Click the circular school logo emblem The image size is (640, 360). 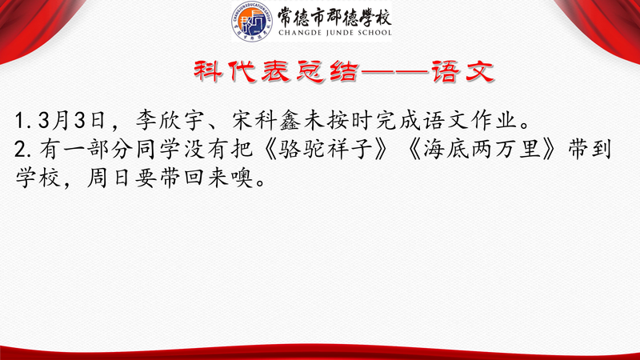pos(252,22)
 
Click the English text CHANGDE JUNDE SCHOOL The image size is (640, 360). pos(335,33)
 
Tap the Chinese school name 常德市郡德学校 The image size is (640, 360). pos(334,17)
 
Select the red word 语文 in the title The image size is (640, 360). pos(463,71)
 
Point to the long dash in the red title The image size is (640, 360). pos(394,72)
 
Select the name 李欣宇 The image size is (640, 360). pos(170,121)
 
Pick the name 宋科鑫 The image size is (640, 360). pos(266,121)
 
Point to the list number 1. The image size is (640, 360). pos(20,122)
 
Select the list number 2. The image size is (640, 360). pos(21,150)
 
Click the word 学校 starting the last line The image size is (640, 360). pos(38,178)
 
